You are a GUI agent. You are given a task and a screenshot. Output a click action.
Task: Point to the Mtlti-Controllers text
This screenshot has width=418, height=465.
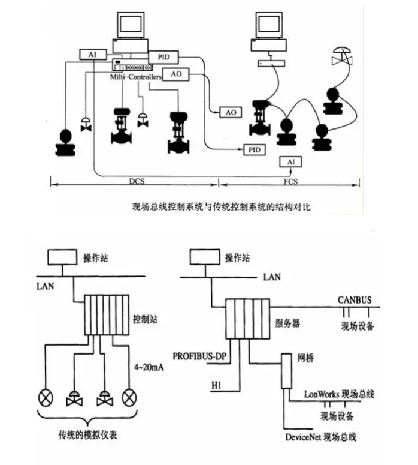point(137,77)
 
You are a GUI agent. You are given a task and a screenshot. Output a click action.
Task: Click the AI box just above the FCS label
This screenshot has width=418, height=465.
point(291,162)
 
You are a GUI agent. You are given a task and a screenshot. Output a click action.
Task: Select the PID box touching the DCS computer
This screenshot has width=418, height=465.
point(163,56)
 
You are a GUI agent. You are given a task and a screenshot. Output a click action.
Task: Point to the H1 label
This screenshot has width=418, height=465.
point(219,382)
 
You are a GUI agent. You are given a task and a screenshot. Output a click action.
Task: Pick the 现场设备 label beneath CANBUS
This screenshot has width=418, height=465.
point(358,326)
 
